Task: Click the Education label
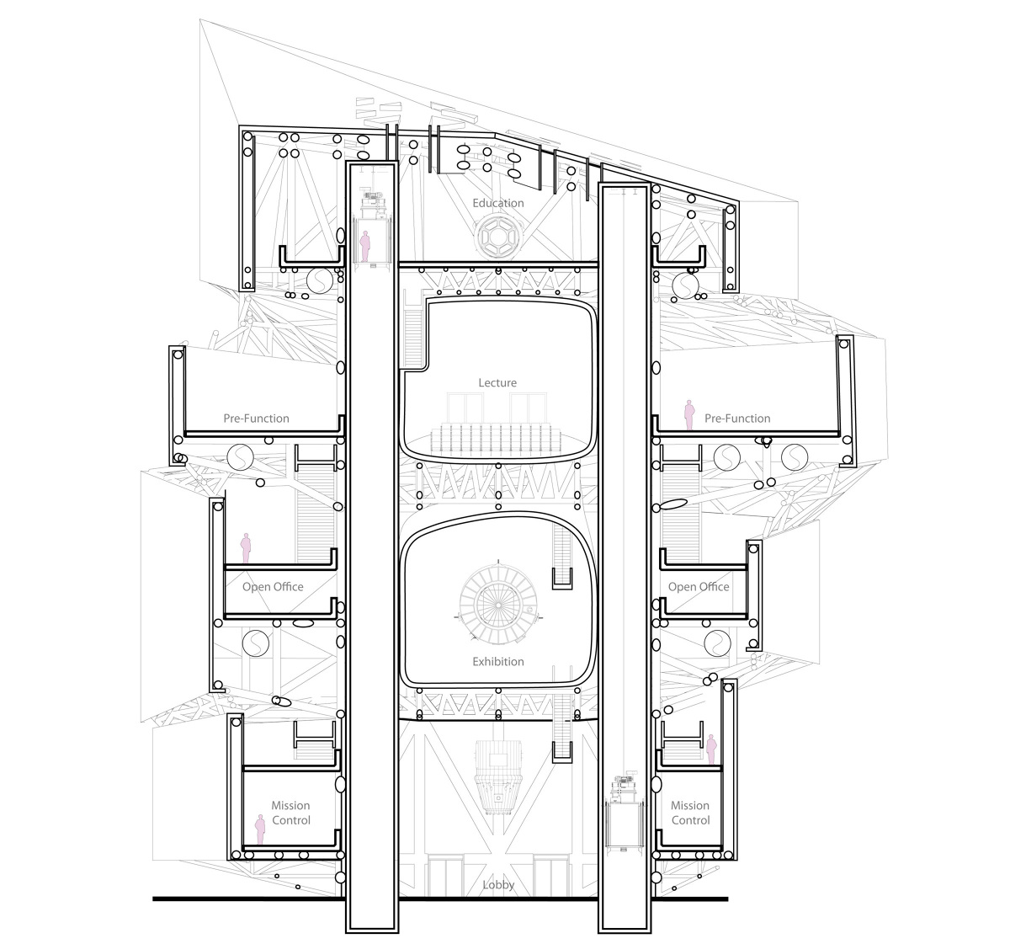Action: tap(497, 203)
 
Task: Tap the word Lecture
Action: tap(497, 383)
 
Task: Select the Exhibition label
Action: tap(497, 662)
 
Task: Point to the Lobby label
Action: tap(498, 885)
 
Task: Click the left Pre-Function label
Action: tap(256, 419)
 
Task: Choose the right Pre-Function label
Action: tap(737, 419)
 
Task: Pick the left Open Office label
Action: tap(273, 587)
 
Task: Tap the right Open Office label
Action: tap(698, 587)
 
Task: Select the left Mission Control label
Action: tap(290, 813)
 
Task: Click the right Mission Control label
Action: tap(690, 813)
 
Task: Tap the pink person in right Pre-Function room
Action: tap(688, 415)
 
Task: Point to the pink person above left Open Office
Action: tap(246, 547)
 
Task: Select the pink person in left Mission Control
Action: tap(260, 829)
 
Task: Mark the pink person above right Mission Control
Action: tap(711, 749)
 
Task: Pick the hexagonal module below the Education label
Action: tap(497, 238)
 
